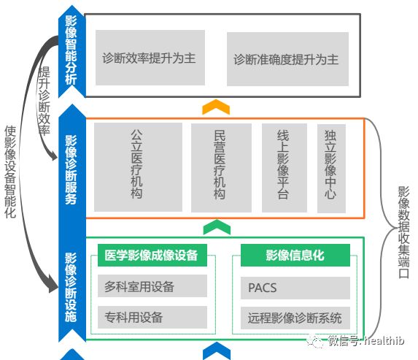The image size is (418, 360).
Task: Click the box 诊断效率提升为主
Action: (150, 58)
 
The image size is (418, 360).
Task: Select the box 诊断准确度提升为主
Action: (287, 59)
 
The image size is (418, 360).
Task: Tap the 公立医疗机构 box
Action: (138, 167)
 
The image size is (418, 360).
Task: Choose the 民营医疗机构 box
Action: (221, 168)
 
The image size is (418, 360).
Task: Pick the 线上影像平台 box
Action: (285, 168)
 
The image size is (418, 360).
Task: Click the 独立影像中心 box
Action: (331, 169)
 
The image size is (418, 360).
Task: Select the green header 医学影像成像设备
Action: (152, 255)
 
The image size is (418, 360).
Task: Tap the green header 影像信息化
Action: (295, 255)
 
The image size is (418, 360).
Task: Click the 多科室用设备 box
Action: (152, 286)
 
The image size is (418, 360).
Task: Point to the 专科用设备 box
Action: (152, 318)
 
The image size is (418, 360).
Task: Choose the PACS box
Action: (295, 288)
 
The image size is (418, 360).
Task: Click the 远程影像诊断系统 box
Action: (295, 318)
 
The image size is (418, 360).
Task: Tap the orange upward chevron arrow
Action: (216, 107)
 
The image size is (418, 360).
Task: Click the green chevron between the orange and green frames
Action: (217, 227)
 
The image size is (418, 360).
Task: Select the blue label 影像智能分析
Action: (71, 50)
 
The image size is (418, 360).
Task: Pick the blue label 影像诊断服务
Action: (71, 170)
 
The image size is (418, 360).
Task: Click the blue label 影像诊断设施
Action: (71, 288)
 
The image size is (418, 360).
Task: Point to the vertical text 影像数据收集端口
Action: (403, 232)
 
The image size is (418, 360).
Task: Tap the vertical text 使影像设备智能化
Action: (10, 172)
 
